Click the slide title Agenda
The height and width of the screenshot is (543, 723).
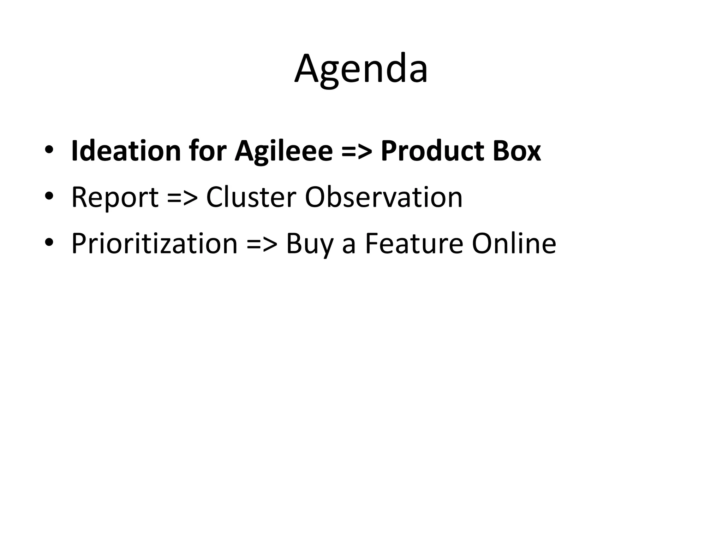coord(361,69)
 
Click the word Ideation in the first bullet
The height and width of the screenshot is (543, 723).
coord(126,151)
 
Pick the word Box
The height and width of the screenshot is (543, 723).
coord(517,151)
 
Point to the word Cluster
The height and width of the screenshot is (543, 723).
coord(251,197)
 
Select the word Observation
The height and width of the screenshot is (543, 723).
coord(383,197)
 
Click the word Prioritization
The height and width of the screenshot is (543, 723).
coord(154,244)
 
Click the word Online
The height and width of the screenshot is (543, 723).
coord(514,244)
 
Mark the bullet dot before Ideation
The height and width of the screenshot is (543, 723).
coord(49,148)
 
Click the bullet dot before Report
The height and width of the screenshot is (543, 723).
coord(49,195)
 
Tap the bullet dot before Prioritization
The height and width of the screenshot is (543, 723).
coord(49,242)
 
